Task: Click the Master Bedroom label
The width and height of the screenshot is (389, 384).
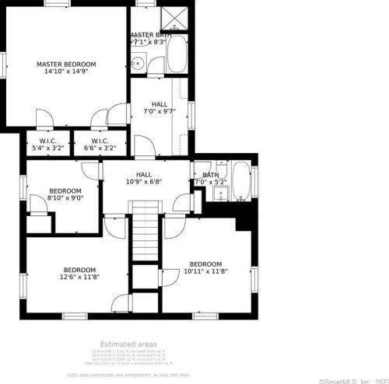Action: (66, 64)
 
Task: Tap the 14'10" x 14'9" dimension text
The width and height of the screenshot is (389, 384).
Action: (66, 72)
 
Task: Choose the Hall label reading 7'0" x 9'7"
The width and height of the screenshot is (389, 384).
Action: (159, 107)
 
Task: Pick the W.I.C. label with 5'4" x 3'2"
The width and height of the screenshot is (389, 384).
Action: (46, 144)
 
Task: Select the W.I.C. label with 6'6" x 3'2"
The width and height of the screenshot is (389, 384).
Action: (99, 144)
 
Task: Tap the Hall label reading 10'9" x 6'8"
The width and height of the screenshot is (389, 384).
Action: (144, 178)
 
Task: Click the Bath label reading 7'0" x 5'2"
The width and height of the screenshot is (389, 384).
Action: (210, 179)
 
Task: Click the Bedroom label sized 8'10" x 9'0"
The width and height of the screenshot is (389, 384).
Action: (65, 194)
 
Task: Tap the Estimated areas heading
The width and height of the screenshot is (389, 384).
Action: (128, 344)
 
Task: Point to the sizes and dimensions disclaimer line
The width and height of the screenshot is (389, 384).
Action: (128, 374)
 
